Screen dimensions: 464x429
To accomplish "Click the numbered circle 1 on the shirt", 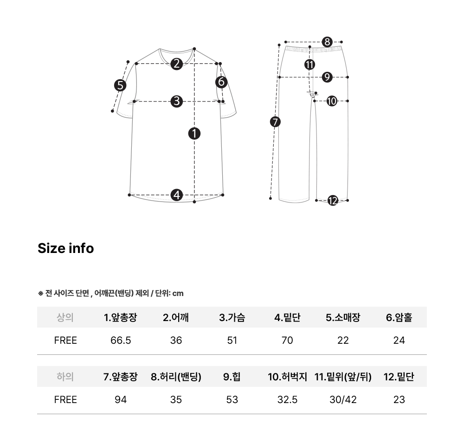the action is [194, 133].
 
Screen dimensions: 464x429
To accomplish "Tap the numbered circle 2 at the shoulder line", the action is [177, 64].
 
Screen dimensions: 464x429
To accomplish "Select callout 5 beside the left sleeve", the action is [120, 85].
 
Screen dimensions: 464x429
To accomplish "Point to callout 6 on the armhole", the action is [221, 82].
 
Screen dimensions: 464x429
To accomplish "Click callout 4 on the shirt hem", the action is [177, 195].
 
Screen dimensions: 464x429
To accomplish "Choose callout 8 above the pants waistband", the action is [327, 42].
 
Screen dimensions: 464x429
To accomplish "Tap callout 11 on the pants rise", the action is [309, 64].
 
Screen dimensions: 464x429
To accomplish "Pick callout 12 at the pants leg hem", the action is [333, 201].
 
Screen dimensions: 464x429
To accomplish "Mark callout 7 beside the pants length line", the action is [275, 122].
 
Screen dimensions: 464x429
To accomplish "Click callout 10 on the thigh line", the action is [332, 101].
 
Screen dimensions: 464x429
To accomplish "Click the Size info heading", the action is [66, 248].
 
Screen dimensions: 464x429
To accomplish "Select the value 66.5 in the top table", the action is [121, 341].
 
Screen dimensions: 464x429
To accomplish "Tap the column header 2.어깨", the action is [176, 317].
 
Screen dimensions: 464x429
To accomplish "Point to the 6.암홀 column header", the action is [399, 317].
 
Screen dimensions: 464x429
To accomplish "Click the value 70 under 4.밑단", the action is [287, 341].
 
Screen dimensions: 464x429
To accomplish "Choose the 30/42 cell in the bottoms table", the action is [343, 400].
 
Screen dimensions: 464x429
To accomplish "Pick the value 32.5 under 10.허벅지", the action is [287, 400].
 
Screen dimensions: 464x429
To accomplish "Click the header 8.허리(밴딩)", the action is [176, 377].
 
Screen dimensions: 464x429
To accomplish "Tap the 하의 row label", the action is [65, 377].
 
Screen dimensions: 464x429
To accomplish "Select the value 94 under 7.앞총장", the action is [121, 400].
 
